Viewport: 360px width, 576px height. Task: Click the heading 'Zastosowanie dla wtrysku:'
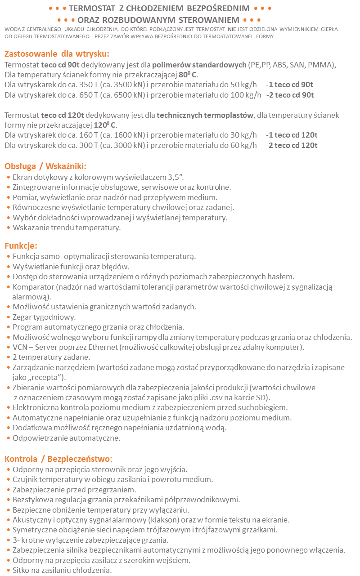coord(57,54)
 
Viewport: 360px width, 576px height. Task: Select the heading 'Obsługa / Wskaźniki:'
coord(45,166)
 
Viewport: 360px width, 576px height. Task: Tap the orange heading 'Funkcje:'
coord(21,246)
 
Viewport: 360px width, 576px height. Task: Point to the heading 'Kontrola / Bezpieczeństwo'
coord(57,459)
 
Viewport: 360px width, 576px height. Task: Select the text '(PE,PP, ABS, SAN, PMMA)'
coord(292,64)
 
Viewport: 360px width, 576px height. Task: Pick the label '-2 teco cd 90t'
coord(290,95)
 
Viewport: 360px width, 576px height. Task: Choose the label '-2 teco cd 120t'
coord(292,145)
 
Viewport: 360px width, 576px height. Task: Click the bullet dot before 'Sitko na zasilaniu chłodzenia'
coord(9,571)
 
